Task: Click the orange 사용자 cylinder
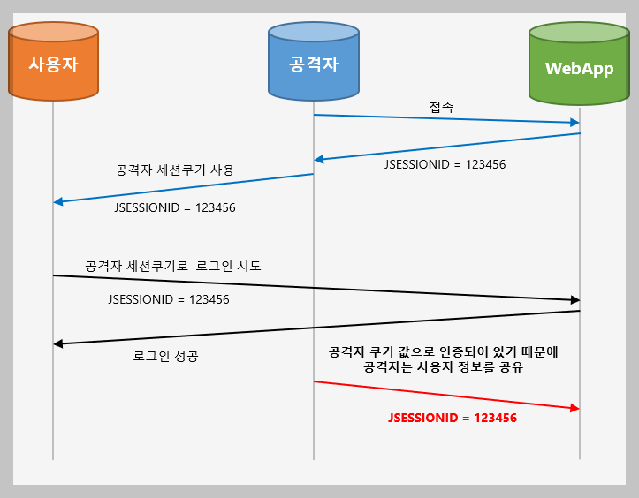(53, 64)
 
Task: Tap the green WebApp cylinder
(579, 68)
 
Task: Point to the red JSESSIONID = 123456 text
(452, 418)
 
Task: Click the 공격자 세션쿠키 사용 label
(175, 170)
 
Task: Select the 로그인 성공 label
(165, 358)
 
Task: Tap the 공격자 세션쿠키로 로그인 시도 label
(173, 266)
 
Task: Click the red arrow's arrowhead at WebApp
(574, 408)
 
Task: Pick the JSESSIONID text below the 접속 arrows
(445, 164)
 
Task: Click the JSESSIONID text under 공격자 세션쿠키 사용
(175, 208)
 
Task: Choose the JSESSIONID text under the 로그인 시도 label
(168, 299)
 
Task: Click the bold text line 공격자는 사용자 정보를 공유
(443, 368)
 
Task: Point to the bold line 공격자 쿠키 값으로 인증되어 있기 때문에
(443, 351)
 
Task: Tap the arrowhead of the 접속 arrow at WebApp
(574, 123)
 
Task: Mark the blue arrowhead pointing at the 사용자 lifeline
(58, 202)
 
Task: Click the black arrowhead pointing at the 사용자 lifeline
(58, 343)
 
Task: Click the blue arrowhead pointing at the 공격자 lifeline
(320, 160)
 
